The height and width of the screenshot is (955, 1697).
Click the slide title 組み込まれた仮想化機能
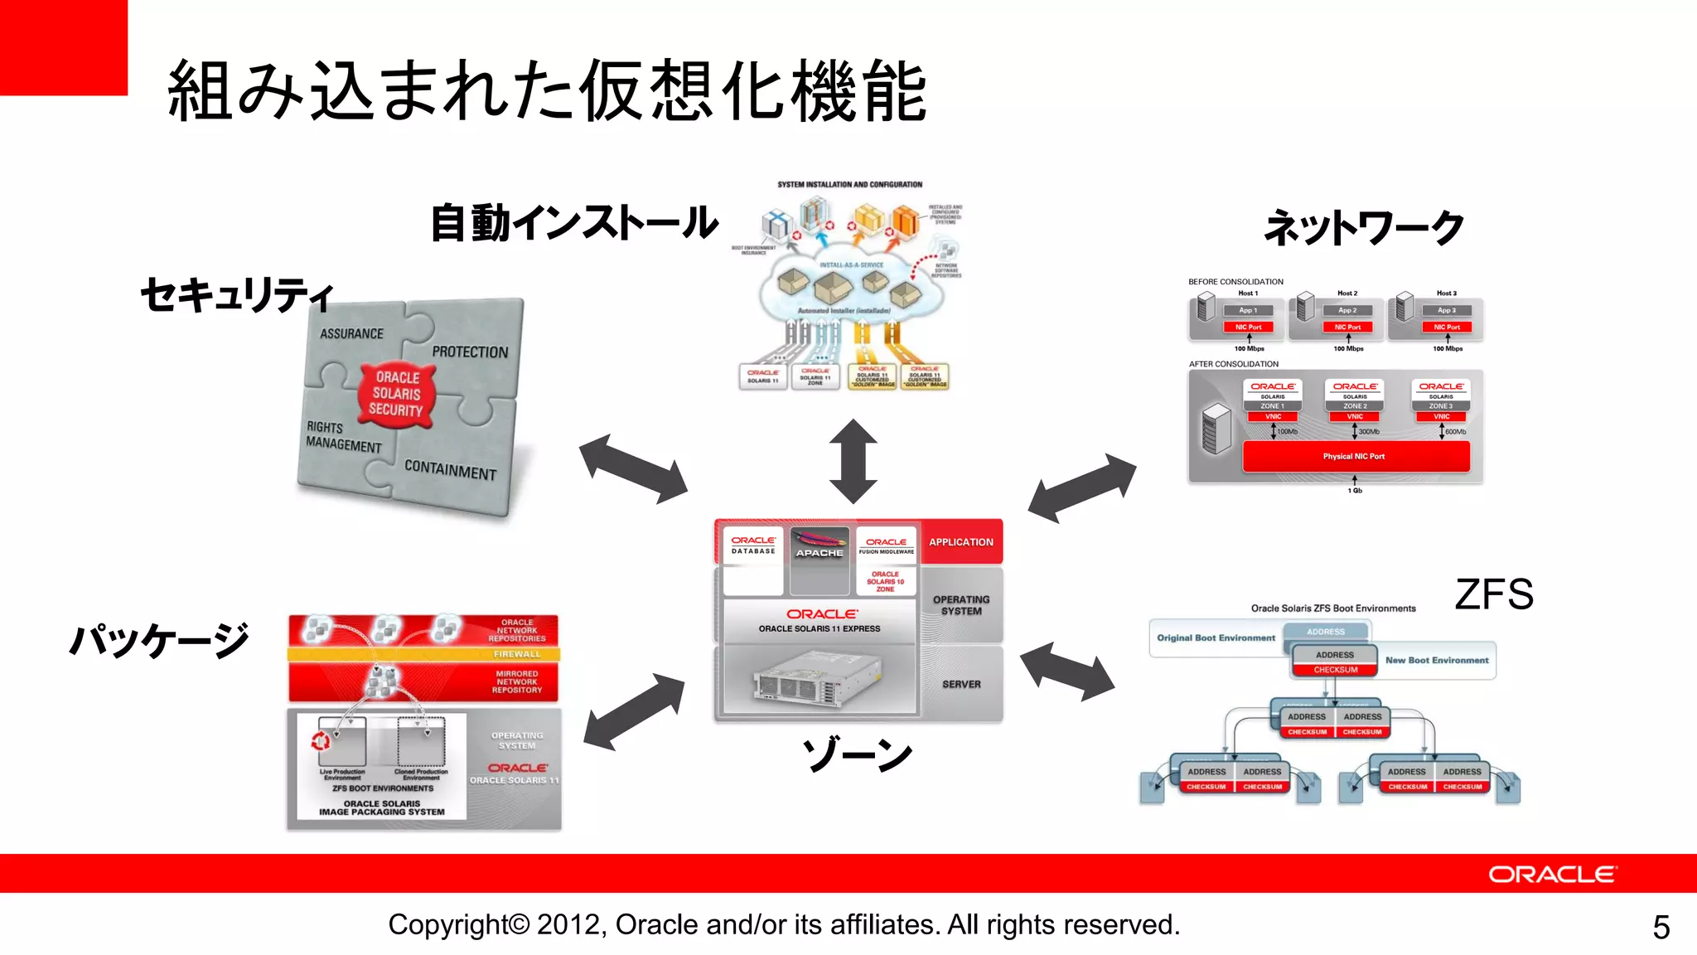pyautogui.click(x=547, y=91)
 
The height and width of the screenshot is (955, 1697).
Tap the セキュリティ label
pyautogui.click(x=236, y=294)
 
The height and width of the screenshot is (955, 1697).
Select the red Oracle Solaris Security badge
pyautogui.click(x=396, y=393)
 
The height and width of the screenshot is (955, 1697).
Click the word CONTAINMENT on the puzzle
pyautogui.click(x=450, y=469)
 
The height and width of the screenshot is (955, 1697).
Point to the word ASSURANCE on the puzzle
pyautogui.click(x=351, y=333)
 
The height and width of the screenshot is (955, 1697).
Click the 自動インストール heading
pyautogui.click(x=573, y=223)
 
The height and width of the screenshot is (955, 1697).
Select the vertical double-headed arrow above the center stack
pyautogui.click(x=853, y=461)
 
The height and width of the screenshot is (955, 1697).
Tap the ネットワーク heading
pyautogui.click(x=1364, y=227)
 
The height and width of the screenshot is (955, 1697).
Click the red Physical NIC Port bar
pyautogui.click(x=1355, y=456)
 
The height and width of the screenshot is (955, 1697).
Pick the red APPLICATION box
pyautogui.click(x=961, y=541)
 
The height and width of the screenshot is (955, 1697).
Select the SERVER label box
pyautogui.click(x=961, y=684)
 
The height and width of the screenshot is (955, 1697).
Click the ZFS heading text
pyautogui.click(x=1494, y=594)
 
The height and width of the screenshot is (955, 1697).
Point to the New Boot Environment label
pyautogui.click(x=1437, y=660)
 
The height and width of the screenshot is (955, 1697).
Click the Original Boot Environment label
pyautogui.click(x=1216, y=637)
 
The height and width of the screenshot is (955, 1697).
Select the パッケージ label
pyautogui.click(x=159, y=639)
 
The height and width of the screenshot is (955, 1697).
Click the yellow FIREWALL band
pyautogui.click(x=424, y=654)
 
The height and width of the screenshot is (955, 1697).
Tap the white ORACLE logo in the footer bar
pyautogui.click(x=1551, y=875)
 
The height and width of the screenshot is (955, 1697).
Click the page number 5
pyautogui.click(x=1661, y=927)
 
